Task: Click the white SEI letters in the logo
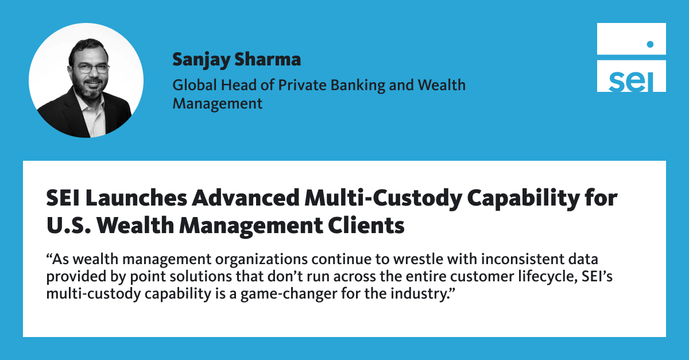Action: pyautogui.click(x=631, y=82)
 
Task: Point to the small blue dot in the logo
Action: pyautogui.click(x=650, y=44)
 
